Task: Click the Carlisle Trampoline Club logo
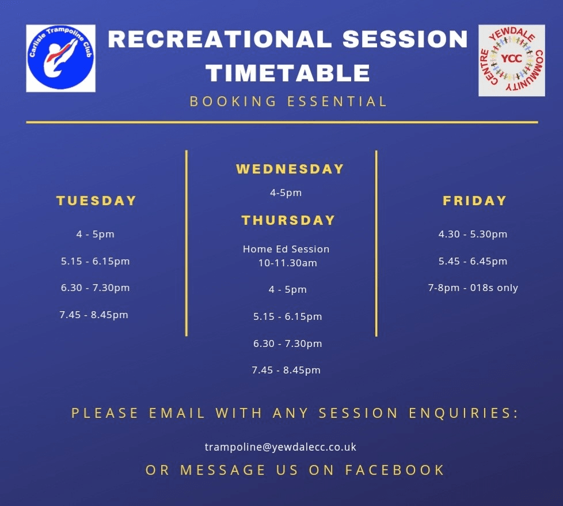click(60, 58)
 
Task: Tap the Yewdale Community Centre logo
click(512, 60)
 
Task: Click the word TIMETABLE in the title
click(288, 73)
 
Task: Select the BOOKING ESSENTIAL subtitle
click(288, 101)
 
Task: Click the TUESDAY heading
click(96, 201)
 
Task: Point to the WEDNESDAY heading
click(290, 169)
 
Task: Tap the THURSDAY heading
click(288, 220)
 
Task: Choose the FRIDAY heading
click(474, 201)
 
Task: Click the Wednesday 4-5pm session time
click(286, 193)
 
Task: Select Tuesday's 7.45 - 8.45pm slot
click(94, 315)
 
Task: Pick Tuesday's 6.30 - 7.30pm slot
click(95, 288)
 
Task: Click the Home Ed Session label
click(286, 249)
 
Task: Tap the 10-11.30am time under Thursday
click(288, 263)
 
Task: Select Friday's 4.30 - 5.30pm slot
click(473, 235)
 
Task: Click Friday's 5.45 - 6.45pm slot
click(473, 261)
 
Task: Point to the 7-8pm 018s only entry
click(473, 288)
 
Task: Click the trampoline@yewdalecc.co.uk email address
click(280, 447)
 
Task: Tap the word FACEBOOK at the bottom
click(395, 470)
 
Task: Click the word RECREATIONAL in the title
click(220, 39)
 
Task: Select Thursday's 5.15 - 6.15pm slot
click(288, 316)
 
